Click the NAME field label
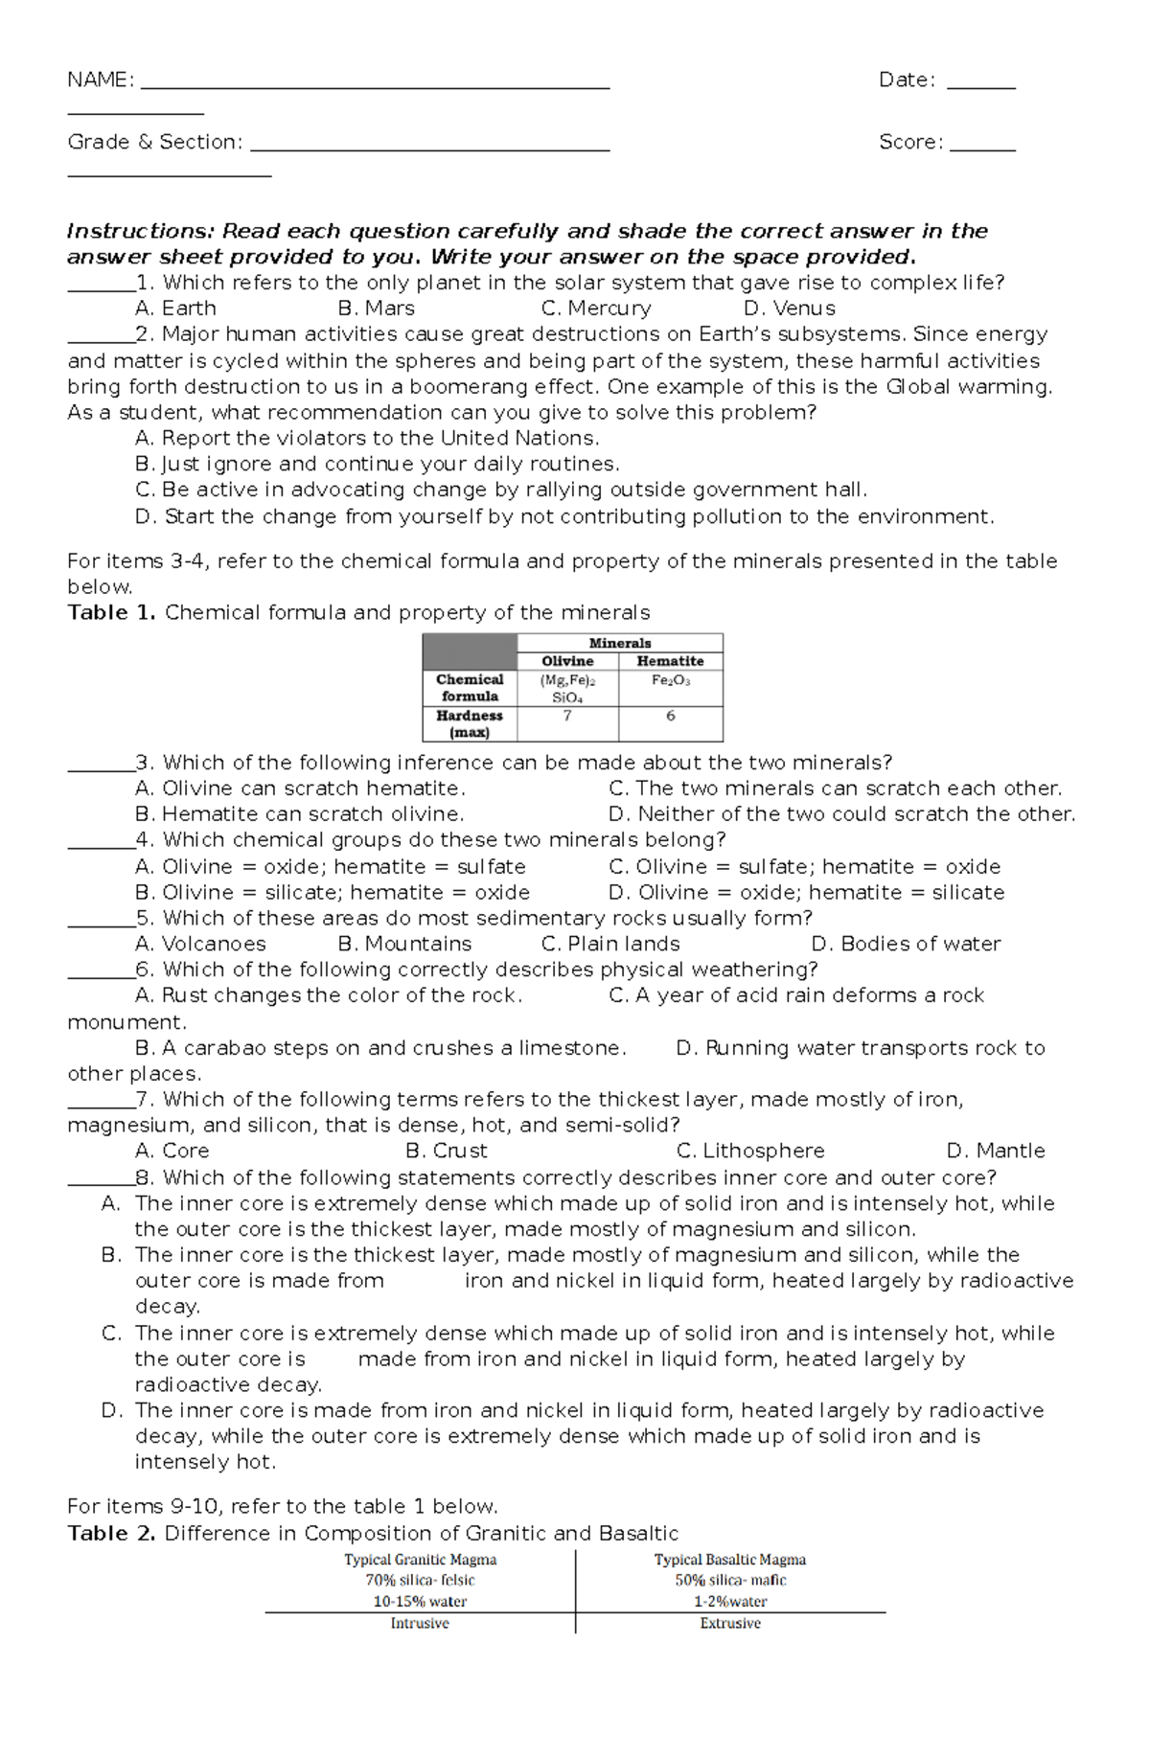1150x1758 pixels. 100,80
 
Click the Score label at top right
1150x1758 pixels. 910,143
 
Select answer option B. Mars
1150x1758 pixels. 377,308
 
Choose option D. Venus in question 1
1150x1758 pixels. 790,308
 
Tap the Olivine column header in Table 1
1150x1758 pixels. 567,661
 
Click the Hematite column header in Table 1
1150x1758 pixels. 670,661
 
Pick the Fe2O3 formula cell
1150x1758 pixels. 670,680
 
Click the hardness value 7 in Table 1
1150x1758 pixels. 567,716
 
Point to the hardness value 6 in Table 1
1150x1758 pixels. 670,716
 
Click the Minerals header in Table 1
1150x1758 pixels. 619,643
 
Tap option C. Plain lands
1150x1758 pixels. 610,945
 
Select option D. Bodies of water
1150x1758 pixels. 906,945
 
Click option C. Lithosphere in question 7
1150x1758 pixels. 750,1152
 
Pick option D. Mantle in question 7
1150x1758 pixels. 996,1152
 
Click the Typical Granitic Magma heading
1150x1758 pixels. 420,1561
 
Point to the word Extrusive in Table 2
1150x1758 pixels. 730,1624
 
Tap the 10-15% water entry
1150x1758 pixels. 420,1602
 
